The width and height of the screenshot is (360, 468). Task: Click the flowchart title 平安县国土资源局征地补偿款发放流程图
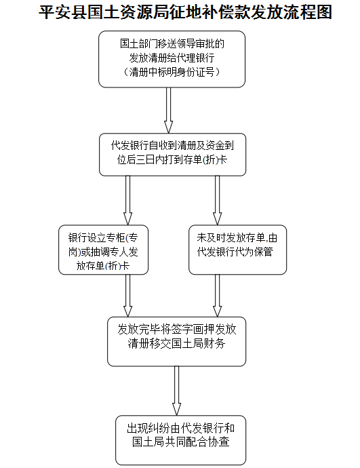tap(185, 13)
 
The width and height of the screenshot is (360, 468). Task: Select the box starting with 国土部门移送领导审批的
tap(172, 59)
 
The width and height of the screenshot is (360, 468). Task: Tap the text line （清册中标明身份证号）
tap(172, 72)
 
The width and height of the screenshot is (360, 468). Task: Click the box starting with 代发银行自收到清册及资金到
tap(172, 155)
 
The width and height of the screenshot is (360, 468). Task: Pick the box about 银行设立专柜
tap(103, 250)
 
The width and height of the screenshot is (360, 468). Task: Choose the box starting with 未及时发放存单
tap(237, 250)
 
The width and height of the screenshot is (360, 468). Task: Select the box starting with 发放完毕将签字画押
tap(176, 341)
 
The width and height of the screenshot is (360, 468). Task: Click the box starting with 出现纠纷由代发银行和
tap(181, 440)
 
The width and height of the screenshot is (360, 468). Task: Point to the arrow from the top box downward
tap(169, 110)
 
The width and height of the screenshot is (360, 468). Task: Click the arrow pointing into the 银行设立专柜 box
tap(127, 200)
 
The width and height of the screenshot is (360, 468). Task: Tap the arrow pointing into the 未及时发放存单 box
tap(217, 200)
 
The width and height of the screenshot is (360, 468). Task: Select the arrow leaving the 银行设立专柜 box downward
tap(127, 296)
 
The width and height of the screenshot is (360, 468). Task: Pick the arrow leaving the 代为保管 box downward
tap(217, 296)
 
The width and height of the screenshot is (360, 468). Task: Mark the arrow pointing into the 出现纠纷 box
tap(176, 391)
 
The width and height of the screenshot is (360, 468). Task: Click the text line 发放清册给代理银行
tap(172, 58)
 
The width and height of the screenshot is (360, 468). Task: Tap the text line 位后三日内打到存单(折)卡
tap(172, 160)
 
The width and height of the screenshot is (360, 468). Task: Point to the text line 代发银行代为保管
tap(235, 252)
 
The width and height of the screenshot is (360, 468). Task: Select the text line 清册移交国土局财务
tap(176, 343)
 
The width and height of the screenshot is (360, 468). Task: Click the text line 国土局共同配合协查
tap(181, 442)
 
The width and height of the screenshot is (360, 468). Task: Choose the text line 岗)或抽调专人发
tap(103, 252)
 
